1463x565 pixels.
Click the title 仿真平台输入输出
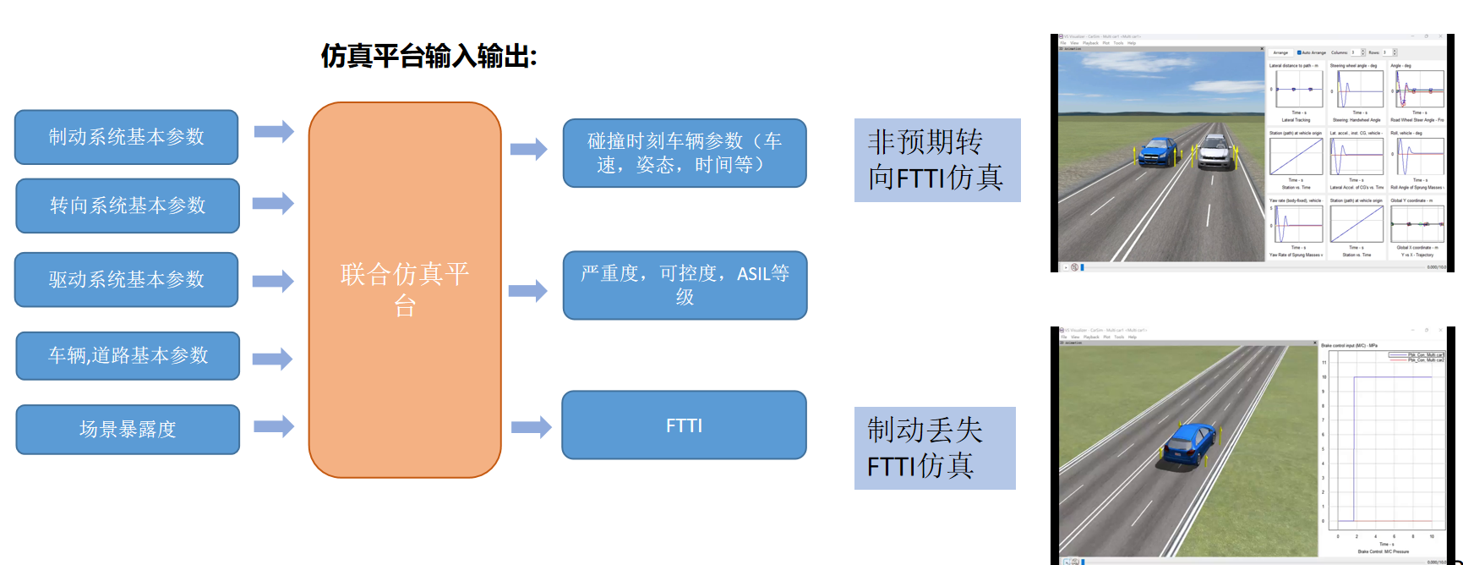429,57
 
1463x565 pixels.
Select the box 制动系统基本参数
127,137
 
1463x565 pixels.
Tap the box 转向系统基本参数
128,206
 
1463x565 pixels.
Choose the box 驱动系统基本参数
127,279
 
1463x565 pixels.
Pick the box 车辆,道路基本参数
128,355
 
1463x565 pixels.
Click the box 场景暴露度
128,429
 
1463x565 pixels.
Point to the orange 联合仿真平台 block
405,289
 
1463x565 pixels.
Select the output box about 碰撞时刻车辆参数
685,152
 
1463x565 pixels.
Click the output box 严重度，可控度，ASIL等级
685,285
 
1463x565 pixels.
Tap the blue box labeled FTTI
684,425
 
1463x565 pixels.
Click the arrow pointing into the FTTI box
531,426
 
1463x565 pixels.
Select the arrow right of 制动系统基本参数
274,132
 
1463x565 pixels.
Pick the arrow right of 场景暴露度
274,426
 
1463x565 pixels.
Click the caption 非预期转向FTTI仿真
936,160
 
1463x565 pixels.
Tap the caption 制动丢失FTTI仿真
934,447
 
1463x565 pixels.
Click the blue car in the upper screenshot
1158,152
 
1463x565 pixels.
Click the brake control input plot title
1349,346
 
